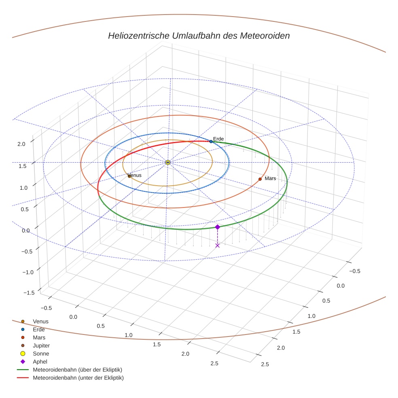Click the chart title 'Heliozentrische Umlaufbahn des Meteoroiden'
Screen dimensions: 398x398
[x=199, y=36]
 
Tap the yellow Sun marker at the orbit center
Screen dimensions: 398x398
[x=168, y=162]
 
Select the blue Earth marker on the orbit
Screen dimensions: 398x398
[x=211, y=142]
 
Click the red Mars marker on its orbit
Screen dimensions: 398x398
[x=260, y=179]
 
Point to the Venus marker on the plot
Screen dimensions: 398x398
[x=129, y=176]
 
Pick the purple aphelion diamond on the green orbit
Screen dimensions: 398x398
[x=217, y=227]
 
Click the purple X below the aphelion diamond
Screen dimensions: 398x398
[x=217, y=246]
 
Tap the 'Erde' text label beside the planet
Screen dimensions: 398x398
[x=218, y=139]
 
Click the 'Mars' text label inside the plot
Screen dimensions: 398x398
[x=270, y=178]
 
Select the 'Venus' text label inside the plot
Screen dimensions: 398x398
[x=135, y=175]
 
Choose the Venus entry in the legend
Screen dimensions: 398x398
[x=40, y=321]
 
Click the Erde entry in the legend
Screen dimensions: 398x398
[x=39, y=329]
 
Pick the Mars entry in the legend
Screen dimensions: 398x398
[x=39, y=337]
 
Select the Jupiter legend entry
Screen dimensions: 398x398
[x=41, y=345]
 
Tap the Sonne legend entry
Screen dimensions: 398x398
[x=41, y=354]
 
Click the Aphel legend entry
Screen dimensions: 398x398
[x=40, y=362]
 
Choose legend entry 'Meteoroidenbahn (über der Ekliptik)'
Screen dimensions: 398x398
[x=77, y=370]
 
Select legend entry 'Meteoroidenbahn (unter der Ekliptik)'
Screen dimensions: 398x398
[x=78, y=378]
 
